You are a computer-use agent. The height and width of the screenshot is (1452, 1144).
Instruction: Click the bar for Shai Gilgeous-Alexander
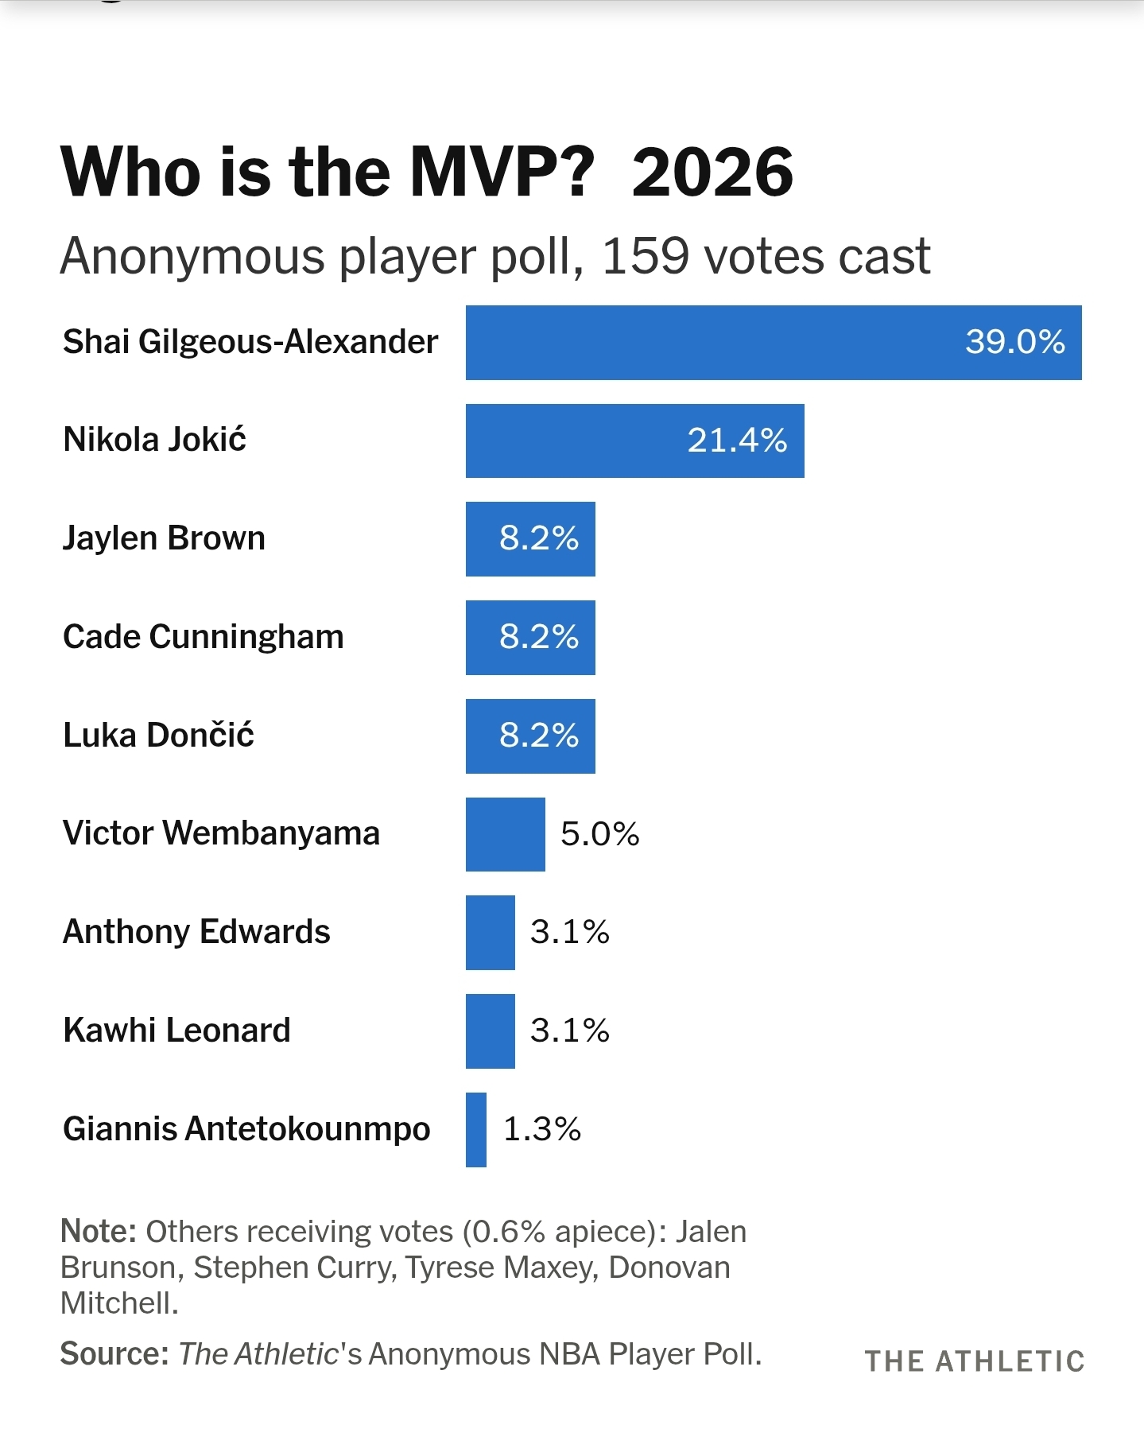point(715,343)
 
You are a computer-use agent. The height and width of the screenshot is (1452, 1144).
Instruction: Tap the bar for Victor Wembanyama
point(505,834)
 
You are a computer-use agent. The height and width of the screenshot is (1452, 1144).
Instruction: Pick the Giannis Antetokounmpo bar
point(476,1129)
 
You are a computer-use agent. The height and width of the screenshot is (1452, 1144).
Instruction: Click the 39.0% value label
point(1014,343)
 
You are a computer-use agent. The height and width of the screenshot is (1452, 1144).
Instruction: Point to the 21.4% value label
point(737,441)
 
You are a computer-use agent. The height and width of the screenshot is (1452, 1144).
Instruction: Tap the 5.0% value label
point(599,834)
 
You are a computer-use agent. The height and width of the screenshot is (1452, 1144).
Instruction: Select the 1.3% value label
point(542,1129)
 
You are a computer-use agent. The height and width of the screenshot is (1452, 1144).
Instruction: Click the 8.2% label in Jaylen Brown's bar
point(538,539)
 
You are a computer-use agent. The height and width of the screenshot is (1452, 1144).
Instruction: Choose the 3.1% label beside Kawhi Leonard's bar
point(569,1031)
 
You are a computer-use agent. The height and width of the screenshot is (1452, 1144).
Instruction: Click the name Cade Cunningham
point(203,637)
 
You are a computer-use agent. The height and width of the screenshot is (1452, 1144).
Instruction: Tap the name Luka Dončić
point(158,736)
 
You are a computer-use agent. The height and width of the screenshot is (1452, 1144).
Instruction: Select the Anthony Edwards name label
point(196,932)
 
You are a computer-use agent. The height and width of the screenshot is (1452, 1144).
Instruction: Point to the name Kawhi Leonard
point(176,1031)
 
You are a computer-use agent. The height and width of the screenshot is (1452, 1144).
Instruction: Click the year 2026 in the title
point(712,173)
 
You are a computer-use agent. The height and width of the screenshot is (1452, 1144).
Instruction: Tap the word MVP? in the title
point(502,173)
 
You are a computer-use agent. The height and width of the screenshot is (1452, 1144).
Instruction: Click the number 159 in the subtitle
point(645,257)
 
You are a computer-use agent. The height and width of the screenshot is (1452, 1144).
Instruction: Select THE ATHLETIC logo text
point(974,1361)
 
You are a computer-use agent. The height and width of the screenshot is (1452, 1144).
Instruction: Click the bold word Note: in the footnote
point(99,1231)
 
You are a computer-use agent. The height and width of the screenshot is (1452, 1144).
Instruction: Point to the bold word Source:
point(114,1353)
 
